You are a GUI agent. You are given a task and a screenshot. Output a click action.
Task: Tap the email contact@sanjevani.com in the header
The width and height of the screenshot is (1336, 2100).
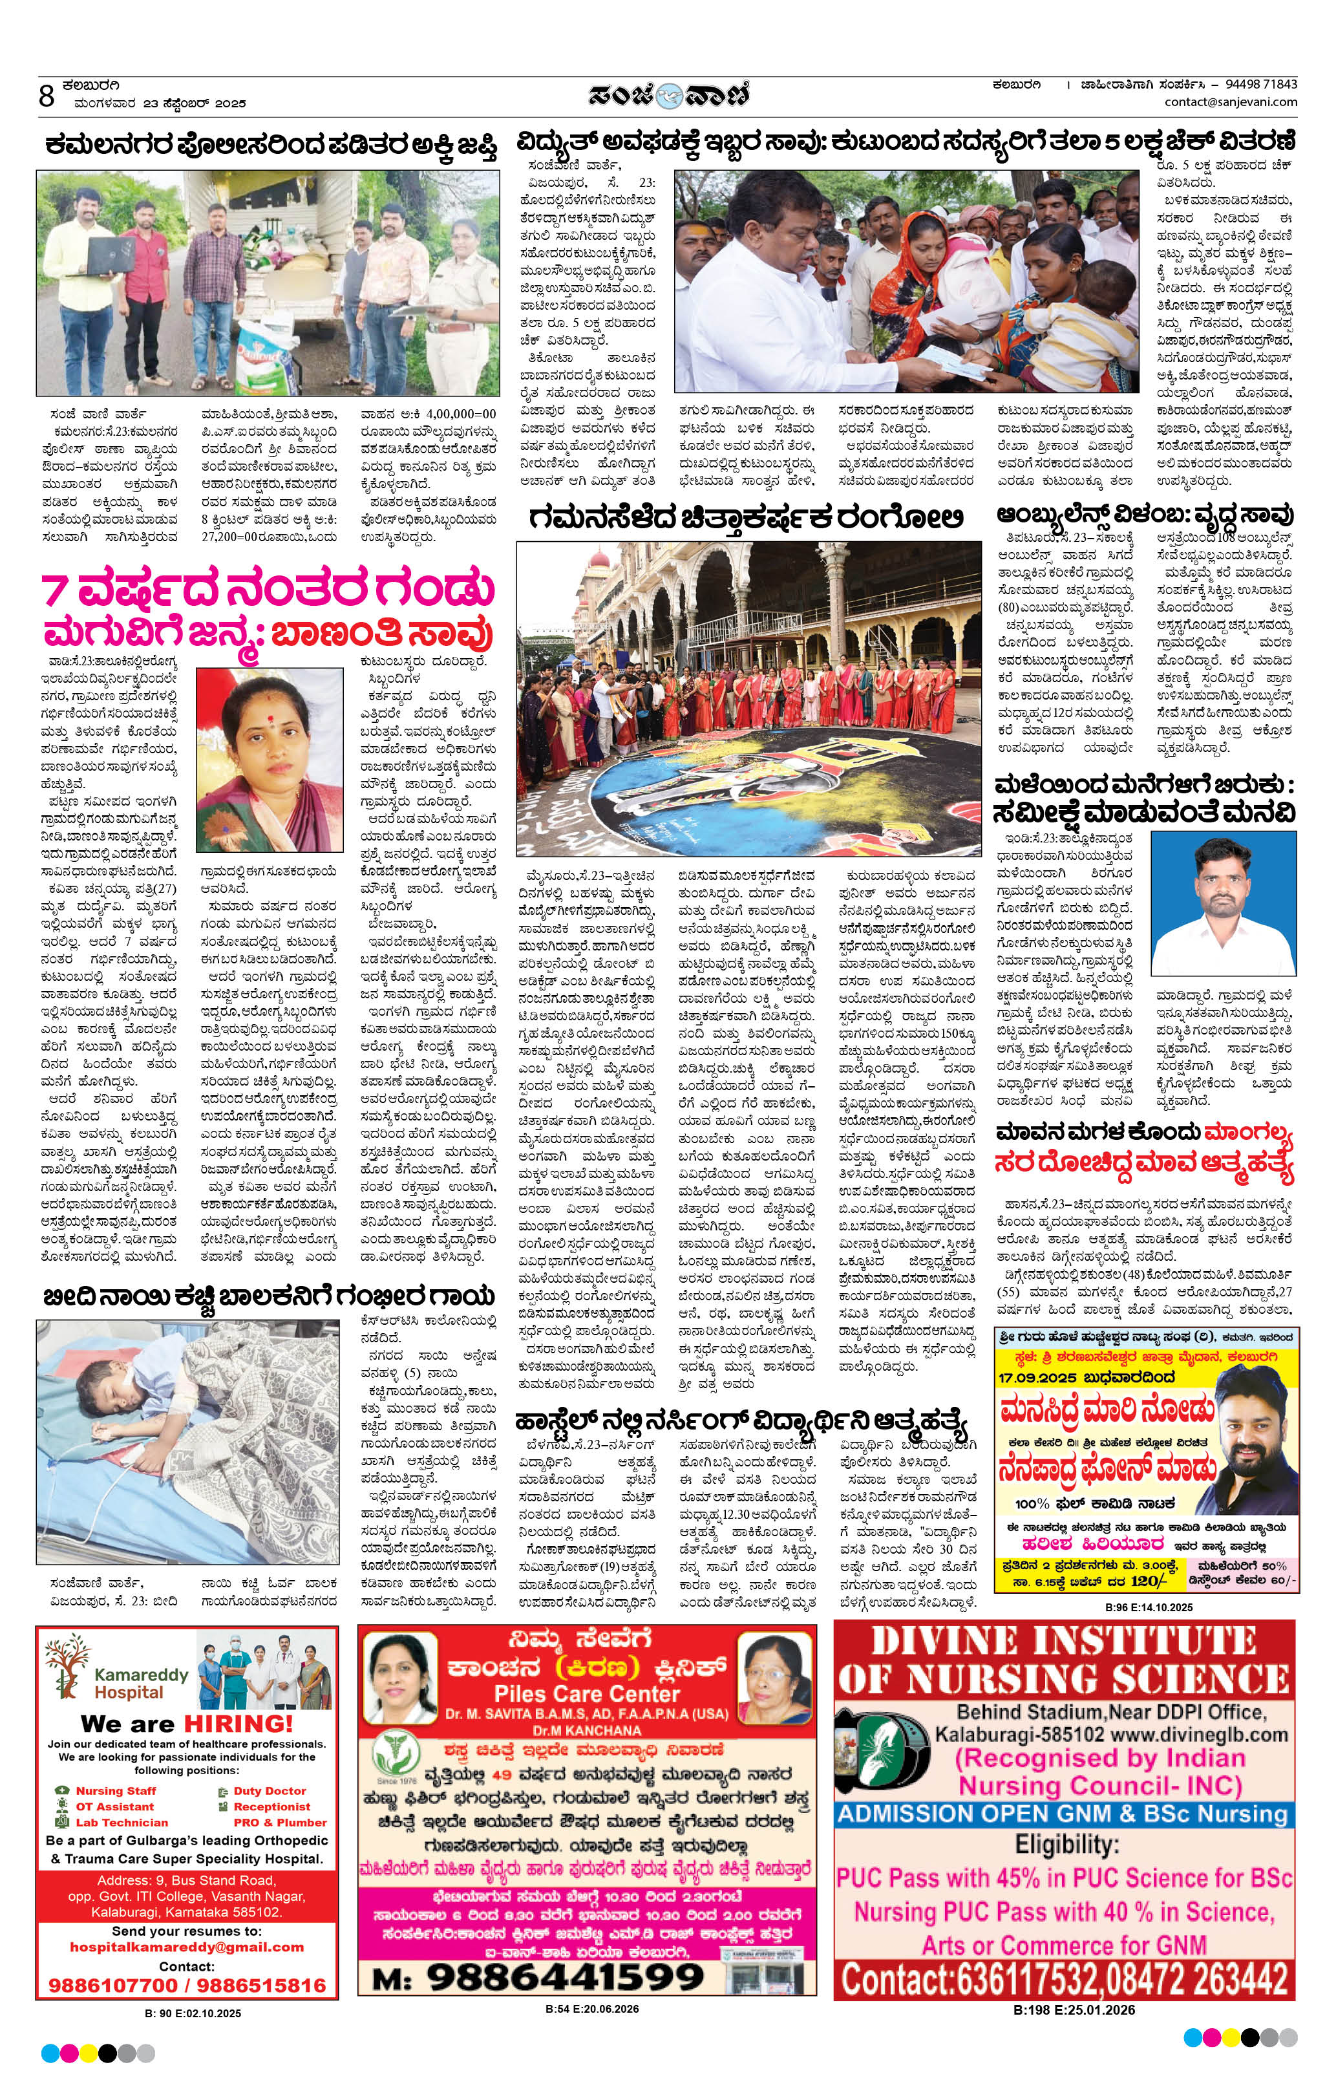point(1231,102)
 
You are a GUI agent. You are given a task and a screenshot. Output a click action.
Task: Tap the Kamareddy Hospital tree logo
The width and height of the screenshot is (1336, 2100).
point(67,1669)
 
